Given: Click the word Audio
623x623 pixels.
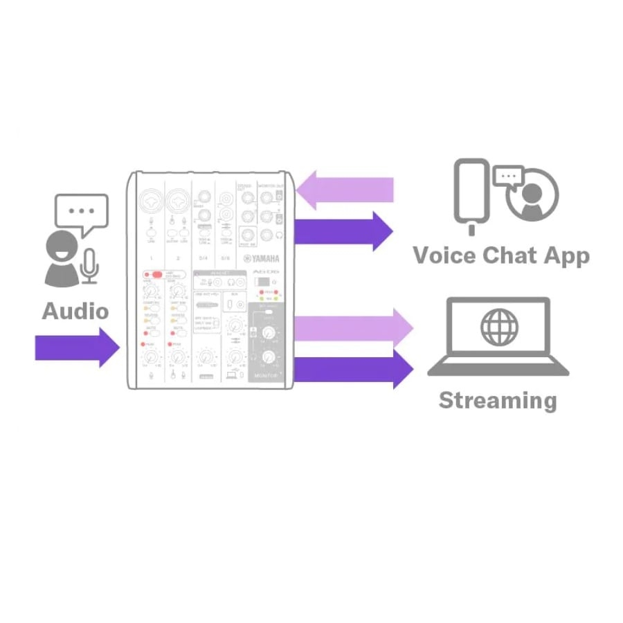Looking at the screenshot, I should [x=75, y=311].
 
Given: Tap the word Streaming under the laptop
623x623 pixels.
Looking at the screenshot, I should [x=497, y=400].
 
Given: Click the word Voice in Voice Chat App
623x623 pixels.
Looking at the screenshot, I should [x=445, y=255].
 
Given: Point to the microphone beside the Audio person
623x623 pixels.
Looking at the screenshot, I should [x=90, y=267].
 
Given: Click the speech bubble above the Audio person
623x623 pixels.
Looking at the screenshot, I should [x=82, y=212].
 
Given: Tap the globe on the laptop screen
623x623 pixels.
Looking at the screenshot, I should [x=498, y=327].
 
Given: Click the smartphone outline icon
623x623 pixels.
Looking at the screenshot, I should [x=471, y=193].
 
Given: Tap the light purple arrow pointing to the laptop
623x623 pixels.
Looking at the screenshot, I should [x=353, y=325].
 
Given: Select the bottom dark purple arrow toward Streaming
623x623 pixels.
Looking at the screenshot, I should [x=353, y=368].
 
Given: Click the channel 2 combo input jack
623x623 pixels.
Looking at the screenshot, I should [x=178, y=202].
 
